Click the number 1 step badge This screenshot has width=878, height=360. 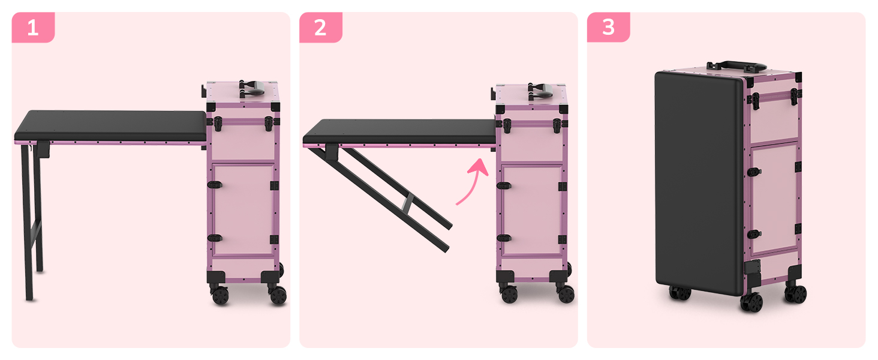coord(34,27)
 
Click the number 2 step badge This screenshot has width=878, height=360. coord(321,27)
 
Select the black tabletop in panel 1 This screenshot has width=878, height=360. coord(110,125)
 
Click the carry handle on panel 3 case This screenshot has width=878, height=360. coord(736,67)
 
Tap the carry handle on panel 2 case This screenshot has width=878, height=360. coord(540,92)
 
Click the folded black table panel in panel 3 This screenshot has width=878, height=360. coord(699,182)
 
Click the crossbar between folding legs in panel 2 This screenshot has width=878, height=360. coord(408,203)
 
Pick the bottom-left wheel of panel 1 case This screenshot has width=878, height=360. coord(220,295)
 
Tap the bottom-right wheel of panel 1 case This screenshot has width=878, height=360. coord(278,295)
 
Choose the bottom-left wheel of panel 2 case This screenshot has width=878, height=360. coord(509,294)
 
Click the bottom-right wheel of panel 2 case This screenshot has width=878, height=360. coord(566,294)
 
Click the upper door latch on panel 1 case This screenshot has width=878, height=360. coord(215,185)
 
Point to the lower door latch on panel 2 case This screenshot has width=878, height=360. coord(504,238)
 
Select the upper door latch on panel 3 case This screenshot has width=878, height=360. coord(754,172)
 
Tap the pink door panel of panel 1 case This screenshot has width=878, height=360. coord(243,210)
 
